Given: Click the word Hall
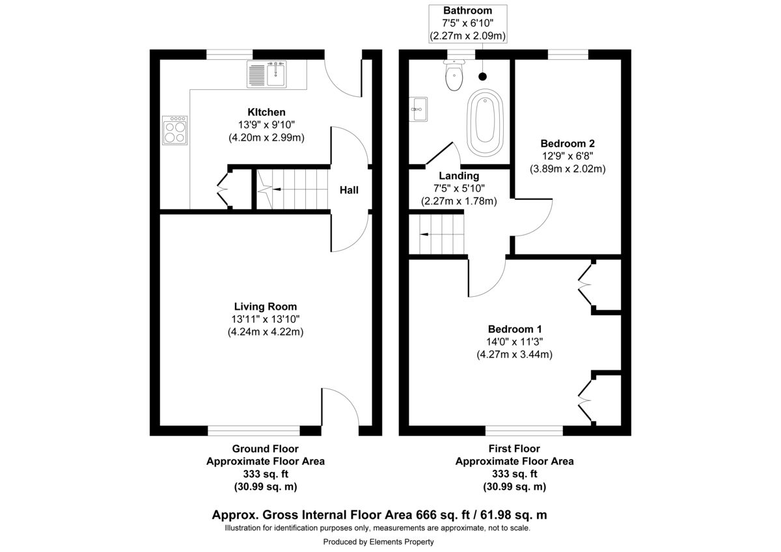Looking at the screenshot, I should pyautogui.click(x=349, y=190).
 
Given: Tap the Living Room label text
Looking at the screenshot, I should pyautogui.click(x=266, y=307).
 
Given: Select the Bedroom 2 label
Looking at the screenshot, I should pyautogui.click(x=567, y=144).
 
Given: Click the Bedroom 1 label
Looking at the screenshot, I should pyautogui.click(x=514, y=329).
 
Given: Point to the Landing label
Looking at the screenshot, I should pyautogui.click(x=459, y=176).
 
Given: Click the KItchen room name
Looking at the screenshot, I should pyautogui.click(x=266, y=112).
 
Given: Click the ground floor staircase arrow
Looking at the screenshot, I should pyautogui.click(x=275, y=189).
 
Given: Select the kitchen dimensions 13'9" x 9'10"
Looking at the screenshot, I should pyautogui.click(x=266, y=125).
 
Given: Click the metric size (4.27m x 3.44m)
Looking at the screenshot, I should pyautogui.click(x=514, y=354).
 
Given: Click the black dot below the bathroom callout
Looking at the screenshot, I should pyautogui.click(x=482, y=76).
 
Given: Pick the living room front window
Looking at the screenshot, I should pyautogui.click(x=254, y=430).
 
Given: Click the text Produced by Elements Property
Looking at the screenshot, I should pyautogui.click(x=378, y=542).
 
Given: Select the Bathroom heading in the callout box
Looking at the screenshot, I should pyautogui.click(x=467, y=10).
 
